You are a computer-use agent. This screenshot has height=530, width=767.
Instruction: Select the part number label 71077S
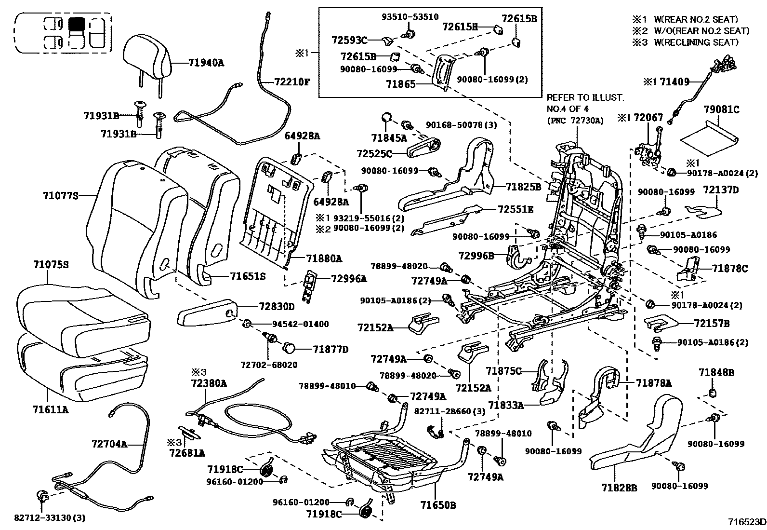tap(60, 195)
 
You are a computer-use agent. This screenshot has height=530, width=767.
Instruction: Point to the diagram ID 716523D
tap(747, 522)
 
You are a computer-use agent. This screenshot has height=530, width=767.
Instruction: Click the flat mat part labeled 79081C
tap(707, 135)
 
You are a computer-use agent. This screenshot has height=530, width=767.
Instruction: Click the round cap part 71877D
tap(291, 348)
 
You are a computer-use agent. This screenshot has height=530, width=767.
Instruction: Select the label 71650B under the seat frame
tap(438, 505)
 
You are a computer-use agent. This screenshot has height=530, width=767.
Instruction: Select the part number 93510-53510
tap(410, 17)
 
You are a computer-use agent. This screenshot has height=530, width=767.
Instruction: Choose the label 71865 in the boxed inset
tap(400, 84)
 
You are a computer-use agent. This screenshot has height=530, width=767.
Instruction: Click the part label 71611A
tap(51, 410)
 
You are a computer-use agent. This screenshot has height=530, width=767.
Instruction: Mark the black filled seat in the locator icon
tap(76, 24)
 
